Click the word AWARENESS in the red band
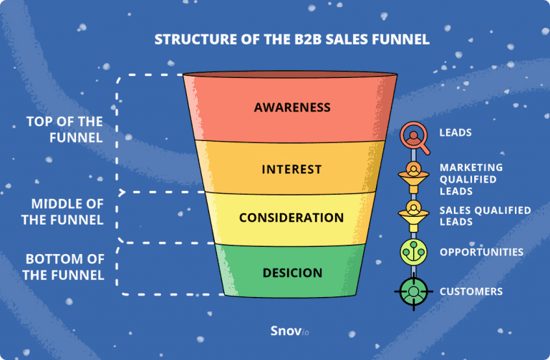pos(291,108)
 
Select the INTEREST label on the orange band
pos(291,170)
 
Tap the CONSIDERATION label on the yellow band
pos(291,217)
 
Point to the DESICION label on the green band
pos(291,273)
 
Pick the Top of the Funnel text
pos(64,130)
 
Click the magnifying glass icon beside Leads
pos(412,135)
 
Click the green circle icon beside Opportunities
pos(413,253)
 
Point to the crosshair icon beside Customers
pos(413,292)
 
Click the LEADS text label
pos(455,133)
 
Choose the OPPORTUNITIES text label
pos(481,252)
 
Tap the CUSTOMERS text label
pos(471,291)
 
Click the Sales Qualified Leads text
pos(485,216)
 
